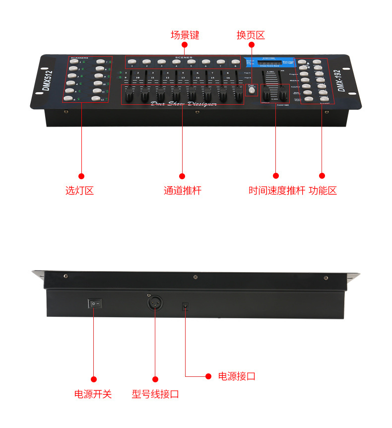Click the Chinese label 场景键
click(185, 35)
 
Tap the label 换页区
click(251, 35)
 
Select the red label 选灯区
click(79, 190)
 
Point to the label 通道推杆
click(183, 190)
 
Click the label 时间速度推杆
click(276, 190)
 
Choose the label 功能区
click(323, 190)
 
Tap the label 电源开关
click(93, 394)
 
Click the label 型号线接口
click(155, 394)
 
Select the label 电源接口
click(237, 376)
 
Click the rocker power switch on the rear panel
click(94, 302)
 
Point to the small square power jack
click(186, 306)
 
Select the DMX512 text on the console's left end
click(49, 81)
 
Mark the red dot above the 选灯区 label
click(81, 176)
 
